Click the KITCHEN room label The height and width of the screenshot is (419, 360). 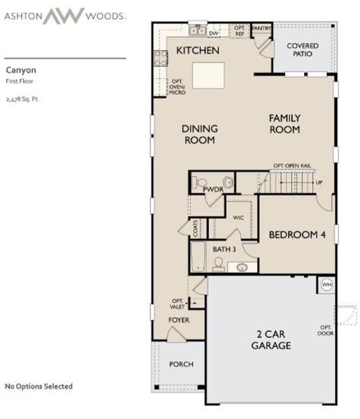pyautogui.click(x=198, y=50)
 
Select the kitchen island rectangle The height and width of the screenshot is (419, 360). pyautogui.click(x=209, y=74)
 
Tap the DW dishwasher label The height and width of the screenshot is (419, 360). pyautogui.click(x=214, y=33)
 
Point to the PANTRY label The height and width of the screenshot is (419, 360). pyautogui.click(x=261, y=29)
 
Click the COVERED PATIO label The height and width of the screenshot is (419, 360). pyautogui.click(x=303, y=50)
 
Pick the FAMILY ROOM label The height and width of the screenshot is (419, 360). pyautogui.click(x=285, y=124)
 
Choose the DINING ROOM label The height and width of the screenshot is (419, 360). pyautogui.click(x=200, y=134)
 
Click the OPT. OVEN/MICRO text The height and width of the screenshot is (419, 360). pyautogui.click(x=178, y=87)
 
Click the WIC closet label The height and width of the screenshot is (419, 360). pyautogui.click(x=238, y=217)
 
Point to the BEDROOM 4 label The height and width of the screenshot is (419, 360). pyautogui.click(x=297, y=235)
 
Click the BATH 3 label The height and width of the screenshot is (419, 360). pyautogui.click(x=224, y=249)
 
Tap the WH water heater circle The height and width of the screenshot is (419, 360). pyautogui.click(x=326, y=284)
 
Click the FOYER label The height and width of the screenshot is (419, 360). pyautogui.click(x=179, y=320)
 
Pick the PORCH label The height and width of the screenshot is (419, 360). pyautogui.click(x=181, y=365)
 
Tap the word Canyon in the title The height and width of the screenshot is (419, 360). pyautogui.click(x=21, y=70)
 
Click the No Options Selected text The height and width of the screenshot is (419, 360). pyautogui.click(x=38, y=386)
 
